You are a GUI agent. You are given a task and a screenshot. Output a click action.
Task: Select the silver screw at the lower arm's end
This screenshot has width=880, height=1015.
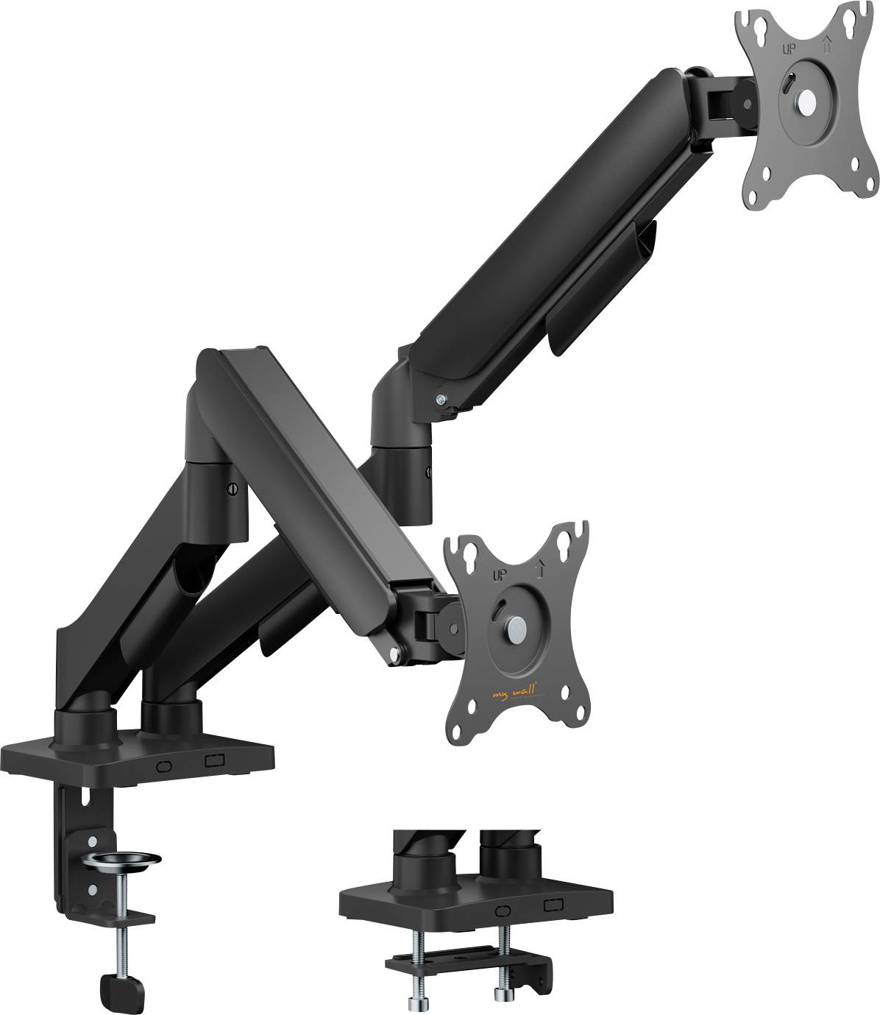tap(397, 652)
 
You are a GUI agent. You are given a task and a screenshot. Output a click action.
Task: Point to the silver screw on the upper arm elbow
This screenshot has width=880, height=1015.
tap(440, 400)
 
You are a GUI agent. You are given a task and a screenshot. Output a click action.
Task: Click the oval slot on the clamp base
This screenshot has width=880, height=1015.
tap(164, 765)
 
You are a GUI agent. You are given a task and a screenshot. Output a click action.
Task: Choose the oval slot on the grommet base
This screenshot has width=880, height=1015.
tap(503, 910)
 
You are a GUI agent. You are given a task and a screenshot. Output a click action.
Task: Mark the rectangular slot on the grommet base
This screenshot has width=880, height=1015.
tap(553, 905)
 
